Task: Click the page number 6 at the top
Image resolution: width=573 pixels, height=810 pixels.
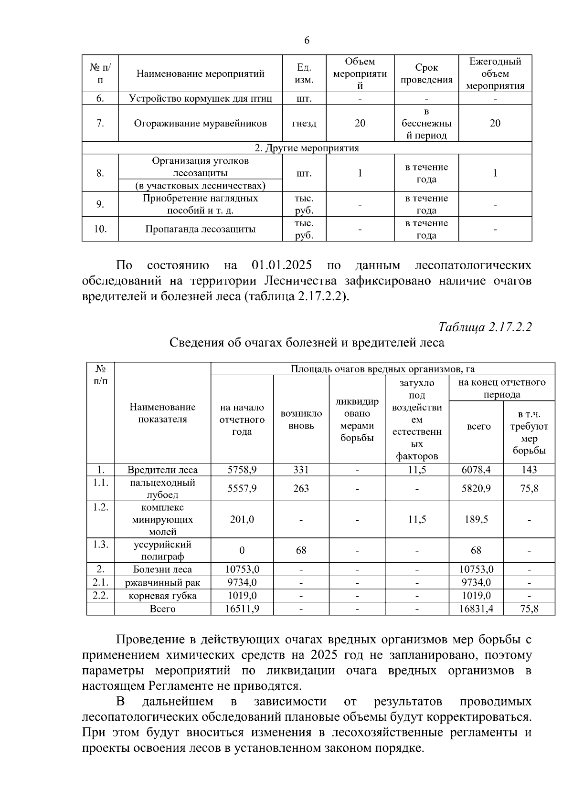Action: (x=307, y=41)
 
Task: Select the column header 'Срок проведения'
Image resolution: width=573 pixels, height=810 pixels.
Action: (x=426, y=74)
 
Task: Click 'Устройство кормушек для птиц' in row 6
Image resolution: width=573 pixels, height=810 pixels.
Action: (x=201, y=99)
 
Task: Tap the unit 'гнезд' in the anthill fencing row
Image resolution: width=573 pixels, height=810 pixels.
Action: (x=304, y=123)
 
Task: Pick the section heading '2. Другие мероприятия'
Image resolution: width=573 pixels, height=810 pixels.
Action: (x=307, y=148)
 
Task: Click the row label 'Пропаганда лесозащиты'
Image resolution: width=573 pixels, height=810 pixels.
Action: (x=201, y=229)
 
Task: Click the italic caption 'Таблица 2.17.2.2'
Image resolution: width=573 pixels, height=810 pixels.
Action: (x=485, y=327)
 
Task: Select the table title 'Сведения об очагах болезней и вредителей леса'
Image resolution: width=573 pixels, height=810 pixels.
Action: (x=307, y=343)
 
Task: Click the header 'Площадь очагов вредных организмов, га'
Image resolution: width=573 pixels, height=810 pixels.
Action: (x=382, y=369)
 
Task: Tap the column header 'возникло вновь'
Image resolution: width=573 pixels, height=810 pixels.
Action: (x=301, y=419)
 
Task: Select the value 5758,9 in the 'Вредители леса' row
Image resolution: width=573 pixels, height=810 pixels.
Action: (x=242, y=470)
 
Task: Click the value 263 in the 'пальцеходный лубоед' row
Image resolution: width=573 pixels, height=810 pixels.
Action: (x=301, y=488)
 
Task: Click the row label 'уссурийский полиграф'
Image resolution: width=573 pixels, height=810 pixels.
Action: (x=162, y=550)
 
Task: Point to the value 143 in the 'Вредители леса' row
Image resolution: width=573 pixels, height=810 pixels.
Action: (x=529, y=470)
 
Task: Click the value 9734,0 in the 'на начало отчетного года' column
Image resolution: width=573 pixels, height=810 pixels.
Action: (x=242, y=582)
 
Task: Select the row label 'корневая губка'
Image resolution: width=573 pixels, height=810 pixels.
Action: (x=162, y=596)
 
